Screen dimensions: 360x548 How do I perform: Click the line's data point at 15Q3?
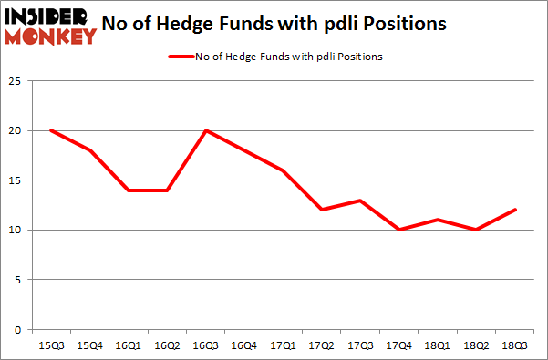[52, 130]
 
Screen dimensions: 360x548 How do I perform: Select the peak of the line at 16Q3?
[206, 130]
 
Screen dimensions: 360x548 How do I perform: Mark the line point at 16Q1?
[129, 190]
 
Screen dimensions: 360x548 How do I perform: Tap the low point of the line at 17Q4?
[399, 230]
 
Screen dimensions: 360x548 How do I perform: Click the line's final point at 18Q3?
[515, 210]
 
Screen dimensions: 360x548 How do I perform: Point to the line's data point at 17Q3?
[361, 200]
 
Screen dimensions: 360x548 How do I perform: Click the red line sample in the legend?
[181, 57]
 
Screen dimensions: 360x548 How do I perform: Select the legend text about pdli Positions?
[289, 57]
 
